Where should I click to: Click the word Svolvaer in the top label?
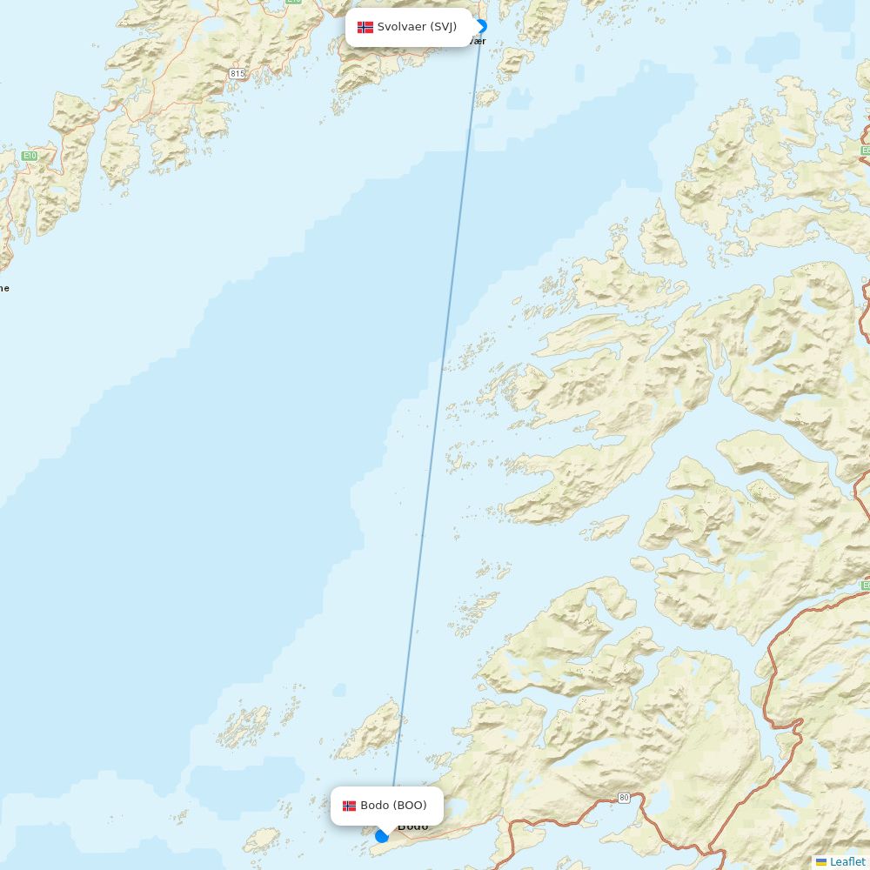[x=401, y=27]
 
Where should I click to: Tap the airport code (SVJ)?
[x=443, y=27]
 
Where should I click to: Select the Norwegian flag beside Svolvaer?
[x=365, y=27]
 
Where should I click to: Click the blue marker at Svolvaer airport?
[x=480, y=27]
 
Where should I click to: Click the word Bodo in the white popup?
[x=374, y=806]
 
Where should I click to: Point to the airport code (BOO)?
[x=410, y=806]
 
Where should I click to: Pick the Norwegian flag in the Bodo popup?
[x=349, y=806]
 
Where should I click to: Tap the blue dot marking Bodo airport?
[x=382, y=836]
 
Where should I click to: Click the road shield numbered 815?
[x=238, y=74]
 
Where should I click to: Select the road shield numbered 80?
[x=624, y=797]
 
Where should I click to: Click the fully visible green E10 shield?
[x=30, y=155]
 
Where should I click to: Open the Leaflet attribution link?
[x=847, y=861]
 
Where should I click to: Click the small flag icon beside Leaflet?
[x=821, y=861]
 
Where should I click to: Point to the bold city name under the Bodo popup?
[x=413, y=826]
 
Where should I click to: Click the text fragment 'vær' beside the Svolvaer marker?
[x=478, y=41]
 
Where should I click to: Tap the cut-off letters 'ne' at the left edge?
[x=4, y=288]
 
